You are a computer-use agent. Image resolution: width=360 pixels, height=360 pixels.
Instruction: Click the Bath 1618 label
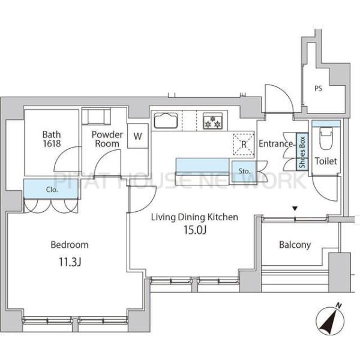52,139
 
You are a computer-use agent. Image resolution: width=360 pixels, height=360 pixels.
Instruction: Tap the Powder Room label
107,139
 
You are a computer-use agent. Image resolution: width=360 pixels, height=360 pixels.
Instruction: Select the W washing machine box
138,136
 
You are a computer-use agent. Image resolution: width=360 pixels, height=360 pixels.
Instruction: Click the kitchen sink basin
166,121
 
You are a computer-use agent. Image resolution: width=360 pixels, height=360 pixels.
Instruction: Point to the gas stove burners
212,121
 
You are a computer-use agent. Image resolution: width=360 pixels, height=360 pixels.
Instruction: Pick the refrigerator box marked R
244,144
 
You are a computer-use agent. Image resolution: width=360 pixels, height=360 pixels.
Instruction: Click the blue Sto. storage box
244,171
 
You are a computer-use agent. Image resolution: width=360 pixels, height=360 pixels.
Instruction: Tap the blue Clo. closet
51,189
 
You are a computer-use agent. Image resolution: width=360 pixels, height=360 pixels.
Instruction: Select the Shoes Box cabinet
302,152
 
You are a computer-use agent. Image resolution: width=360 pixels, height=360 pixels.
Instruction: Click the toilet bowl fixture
326,138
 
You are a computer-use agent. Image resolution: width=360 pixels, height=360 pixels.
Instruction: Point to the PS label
318,88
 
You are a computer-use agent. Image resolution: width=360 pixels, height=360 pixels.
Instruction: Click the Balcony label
295,245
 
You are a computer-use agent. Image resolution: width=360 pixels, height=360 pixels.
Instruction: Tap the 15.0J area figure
195,230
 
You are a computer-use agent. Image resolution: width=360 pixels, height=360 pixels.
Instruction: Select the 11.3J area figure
70,262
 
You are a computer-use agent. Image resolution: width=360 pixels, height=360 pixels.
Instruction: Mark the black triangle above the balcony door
295,209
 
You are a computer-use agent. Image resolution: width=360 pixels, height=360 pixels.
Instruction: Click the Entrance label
276,144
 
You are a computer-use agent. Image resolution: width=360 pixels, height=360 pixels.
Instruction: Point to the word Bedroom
70,245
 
